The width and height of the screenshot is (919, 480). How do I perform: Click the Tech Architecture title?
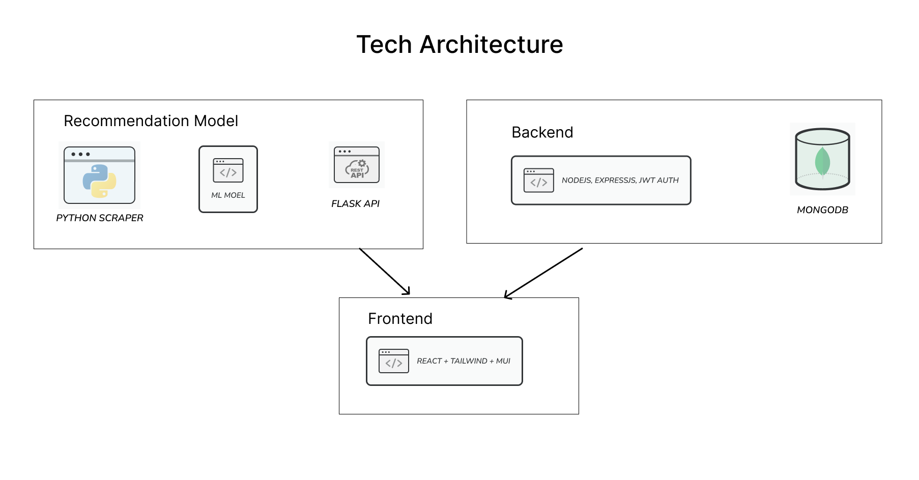(459, 44)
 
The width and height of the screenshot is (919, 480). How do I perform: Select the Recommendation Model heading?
(151, 121)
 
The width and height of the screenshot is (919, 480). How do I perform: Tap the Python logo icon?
(99, 181)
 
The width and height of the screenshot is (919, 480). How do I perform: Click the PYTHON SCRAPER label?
(100, 218)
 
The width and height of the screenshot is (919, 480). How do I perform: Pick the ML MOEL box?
(228, 179)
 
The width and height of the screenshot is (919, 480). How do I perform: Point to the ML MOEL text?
(228, 195)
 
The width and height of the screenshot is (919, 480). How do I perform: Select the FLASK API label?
(355, 203)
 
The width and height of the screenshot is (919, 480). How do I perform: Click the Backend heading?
(542, 132)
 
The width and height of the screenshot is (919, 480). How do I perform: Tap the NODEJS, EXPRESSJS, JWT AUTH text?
(620, 180)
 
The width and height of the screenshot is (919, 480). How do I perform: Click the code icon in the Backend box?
(539, 181)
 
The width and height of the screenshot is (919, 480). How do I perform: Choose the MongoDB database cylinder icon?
(822, 159)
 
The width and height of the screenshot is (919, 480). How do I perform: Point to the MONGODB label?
(822, 210)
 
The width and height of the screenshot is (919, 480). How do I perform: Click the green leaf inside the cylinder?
(822, 161)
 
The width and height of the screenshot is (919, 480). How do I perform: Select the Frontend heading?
(400, 319)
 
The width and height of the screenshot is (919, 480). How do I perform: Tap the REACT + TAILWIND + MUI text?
(464, 361)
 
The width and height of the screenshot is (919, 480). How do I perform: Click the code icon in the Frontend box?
(394, 361)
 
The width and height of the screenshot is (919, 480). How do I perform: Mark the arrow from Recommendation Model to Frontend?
(385, 272)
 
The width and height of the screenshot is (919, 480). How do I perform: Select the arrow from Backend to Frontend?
(543, 273)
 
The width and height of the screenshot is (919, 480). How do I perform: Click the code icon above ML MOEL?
(228, 170)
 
